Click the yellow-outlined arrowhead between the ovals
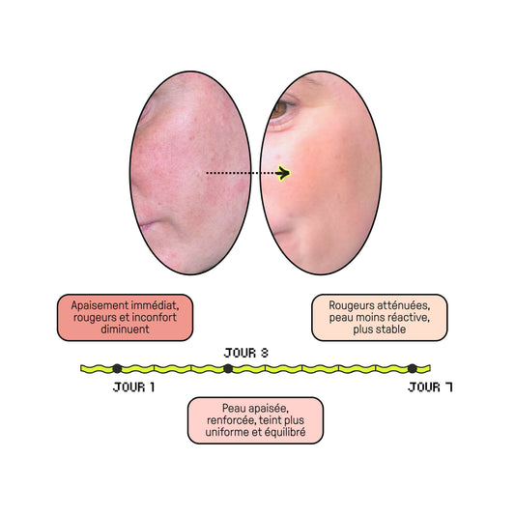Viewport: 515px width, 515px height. (x=283, y=173)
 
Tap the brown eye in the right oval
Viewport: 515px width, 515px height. (x=279, y=109)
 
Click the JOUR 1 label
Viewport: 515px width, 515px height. (x=133, y=387)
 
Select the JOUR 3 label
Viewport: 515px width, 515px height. (x=246, y=353)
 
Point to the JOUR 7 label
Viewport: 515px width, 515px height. (x=430, y=387)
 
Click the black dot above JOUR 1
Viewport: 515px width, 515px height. (x=117, y=368)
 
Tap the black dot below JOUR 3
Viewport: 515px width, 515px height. (x=228, y=368)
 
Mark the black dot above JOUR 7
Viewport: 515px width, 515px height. (x=413, y=368)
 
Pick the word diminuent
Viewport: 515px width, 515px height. (x=125, y=329)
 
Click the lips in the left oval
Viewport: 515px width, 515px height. (x=147, y=225)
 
